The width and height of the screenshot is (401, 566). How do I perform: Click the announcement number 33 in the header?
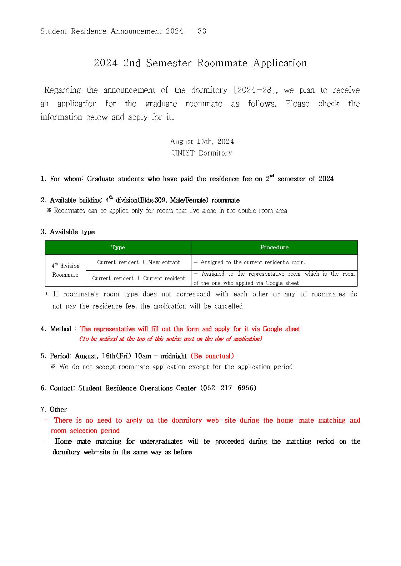pyautogui.click(x=202, y=31)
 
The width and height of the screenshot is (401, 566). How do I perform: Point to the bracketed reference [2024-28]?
pyautogui.click(x=255, y=90)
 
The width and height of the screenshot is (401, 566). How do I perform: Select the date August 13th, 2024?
pyautogui.click(x=202, y=142)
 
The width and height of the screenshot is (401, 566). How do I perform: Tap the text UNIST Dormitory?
pyautogui.click(x=202, y=153)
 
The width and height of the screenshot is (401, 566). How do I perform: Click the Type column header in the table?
pyautogui.click(x=118, y=248)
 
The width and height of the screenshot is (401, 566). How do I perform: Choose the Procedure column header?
pyautogui.click(x=274, y=248)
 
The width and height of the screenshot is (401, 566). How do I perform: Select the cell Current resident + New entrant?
pyautogui.click(x=139, y=262)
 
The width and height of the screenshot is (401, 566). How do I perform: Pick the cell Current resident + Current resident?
pyautogui.click(x=139, y=279)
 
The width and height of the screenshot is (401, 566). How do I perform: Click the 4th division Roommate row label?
pyautogui.click(x=65, y=270)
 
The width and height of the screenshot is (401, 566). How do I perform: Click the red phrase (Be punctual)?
pyautogui.click(x=212, y=356)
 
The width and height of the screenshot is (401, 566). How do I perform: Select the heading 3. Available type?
pyautogui.click(x=67, y=232)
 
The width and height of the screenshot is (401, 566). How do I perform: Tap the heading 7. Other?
pyautogui.click(x=54, y=409)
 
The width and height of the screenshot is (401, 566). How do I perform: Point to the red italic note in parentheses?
pyautogui.click(x=171, y=339)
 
